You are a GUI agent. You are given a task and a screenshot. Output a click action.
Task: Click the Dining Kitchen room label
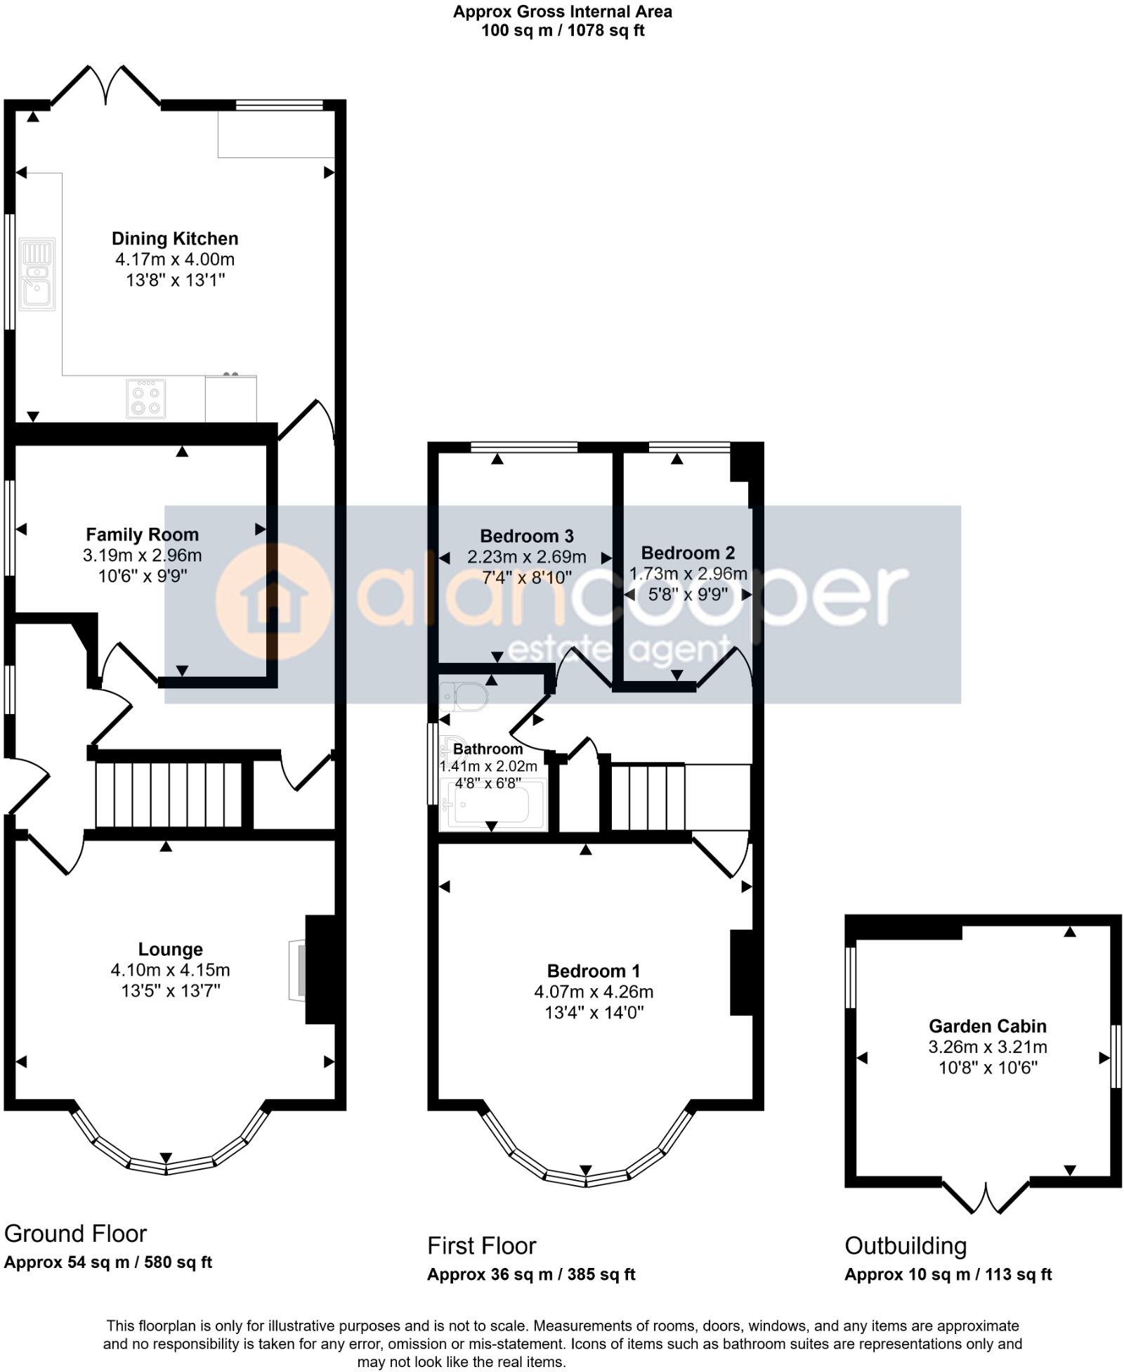(x=175, y=238)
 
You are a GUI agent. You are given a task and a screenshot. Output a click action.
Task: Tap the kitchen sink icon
(x=37, y=275)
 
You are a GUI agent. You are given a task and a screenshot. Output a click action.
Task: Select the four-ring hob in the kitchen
(x=146, y=399)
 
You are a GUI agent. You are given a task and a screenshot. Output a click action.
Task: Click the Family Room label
(x=142, y=535)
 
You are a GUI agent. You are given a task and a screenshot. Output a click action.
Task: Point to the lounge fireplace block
(x=320, y=969)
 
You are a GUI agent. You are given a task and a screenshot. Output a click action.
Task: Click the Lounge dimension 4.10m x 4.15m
(x=170, y=970)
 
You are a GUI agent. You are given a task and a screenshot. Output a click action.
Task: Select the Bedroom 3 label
(x=527, y=536)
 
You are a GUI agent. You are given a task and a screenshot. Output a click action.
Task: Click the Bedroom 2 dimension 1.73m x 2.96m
(x=688, y=574)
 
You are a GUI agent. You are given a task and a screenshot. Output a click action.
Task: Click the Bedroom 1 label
(x=594, y=971)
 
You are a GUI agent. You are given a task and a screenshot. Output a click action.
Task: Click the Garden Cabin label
(x=988, y=1026)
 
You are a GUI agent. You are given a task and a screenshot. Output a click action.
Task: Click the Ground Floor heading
(x=75, y=1234)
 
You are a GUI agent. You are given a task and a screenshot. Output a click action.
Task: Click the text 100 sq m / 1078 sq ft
(x=563, y=30)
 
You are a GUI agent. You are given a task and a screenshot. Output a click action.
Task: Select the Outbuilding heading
(x=906, y=1245)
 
